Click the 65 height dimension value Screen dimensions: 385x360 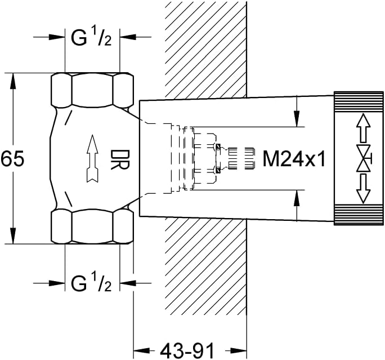pos(12,158)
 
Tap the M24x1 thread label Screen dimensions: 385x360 pos(294,159)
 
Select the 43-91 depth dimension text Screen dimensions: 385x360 pos(187,350)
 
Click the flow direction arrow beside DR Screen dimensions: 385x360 pos(92,158)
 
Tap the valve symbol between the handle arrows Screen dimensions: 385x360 pos(364,158)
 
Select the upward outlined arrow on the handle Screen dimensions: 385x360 pos(364,128)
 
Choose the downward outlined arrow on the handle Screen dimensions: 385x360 pos(364,189)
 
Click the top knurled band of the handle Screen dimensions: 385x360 pos(359,102)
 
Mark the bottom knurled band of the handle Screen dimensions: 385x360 pos(359,215)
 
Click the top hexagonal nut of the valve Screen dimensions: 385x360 pos(92,90)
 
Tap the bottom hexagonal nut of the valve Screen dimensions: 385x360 pos(92,226)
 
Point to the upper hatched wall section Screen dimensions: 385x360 pos(205,49)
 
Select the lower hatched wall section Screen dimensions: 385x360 pos(205,265)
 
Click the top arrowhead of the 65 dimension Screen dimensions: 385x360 pos(13,81)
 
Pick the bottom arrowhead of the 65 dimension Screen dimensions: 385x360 pos(13,236)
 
